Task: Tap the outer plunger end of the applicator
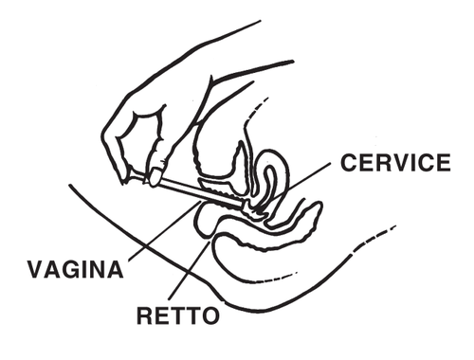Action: click(x=151, y=174)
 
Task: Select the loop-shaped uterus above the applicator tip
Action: click(x=271, y=175)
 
